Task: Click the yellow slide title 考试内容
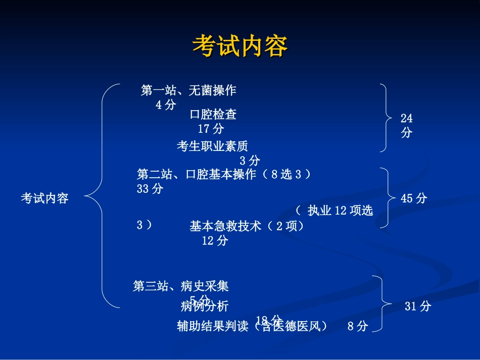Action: (239, 46)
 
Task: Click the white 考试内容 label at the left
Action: (44, 198)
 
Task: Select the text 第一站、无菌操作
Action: (188, 91)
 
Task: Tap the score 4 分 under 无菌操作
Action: (166, 105)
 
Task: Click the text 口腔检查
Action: (213, 115)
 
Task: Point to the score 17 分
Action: (211, 129)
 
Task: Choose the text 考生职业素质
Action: (212, 146)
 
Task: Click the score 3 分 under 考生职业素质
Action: (250, 161)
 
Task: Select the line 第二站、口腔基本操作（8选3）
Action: (223, 175)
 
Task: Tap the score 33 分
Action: (150, 189)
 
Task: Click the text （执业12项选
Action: (334, 211)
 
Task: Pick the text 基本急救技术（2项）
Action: (248, 227)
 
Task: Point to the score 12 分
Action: (215, 241)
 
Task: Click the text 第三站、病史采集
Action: (181, 287)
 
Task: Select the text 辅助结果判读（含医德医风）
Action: (252, 327)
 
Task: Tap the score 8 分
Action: (358, 327)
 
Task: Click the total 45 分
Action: (414, 198)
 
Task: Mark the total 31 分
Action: (418, 306)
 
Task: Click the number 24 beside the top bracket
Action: (407, 119)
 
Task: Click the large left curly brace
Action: (102, 196)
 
